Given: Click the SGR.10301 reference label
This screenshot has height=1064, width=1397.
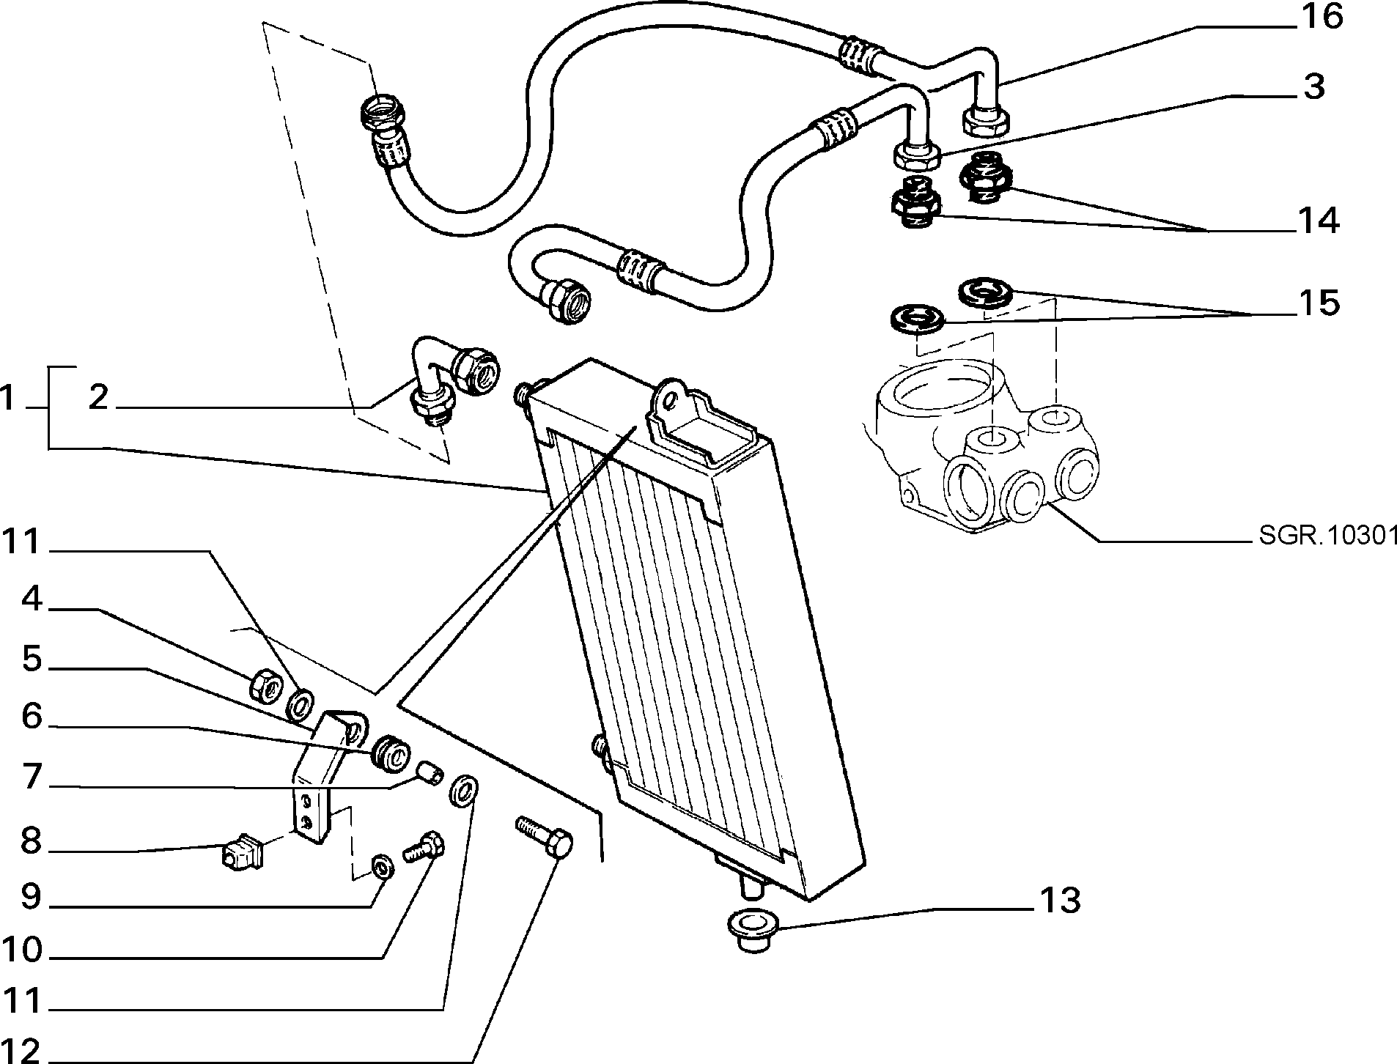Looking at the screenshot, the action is pyautogui.click(x=1326, y=536).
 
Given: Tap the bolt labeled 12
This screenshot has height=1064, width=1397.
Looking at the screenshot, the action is pyautogui.click(x=546, y=838).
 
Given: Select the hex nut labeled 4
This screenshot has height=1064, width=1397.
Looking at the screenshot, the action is pyautogui.click(x=263, y=685).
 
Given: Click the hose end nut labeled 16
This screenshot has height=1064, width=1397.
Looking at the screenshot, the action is pyautogui.click(x=982, y=120).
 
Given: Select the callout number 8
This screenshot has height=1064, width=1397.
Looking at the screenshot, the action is pyautogui.click(x=31, y=842).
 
